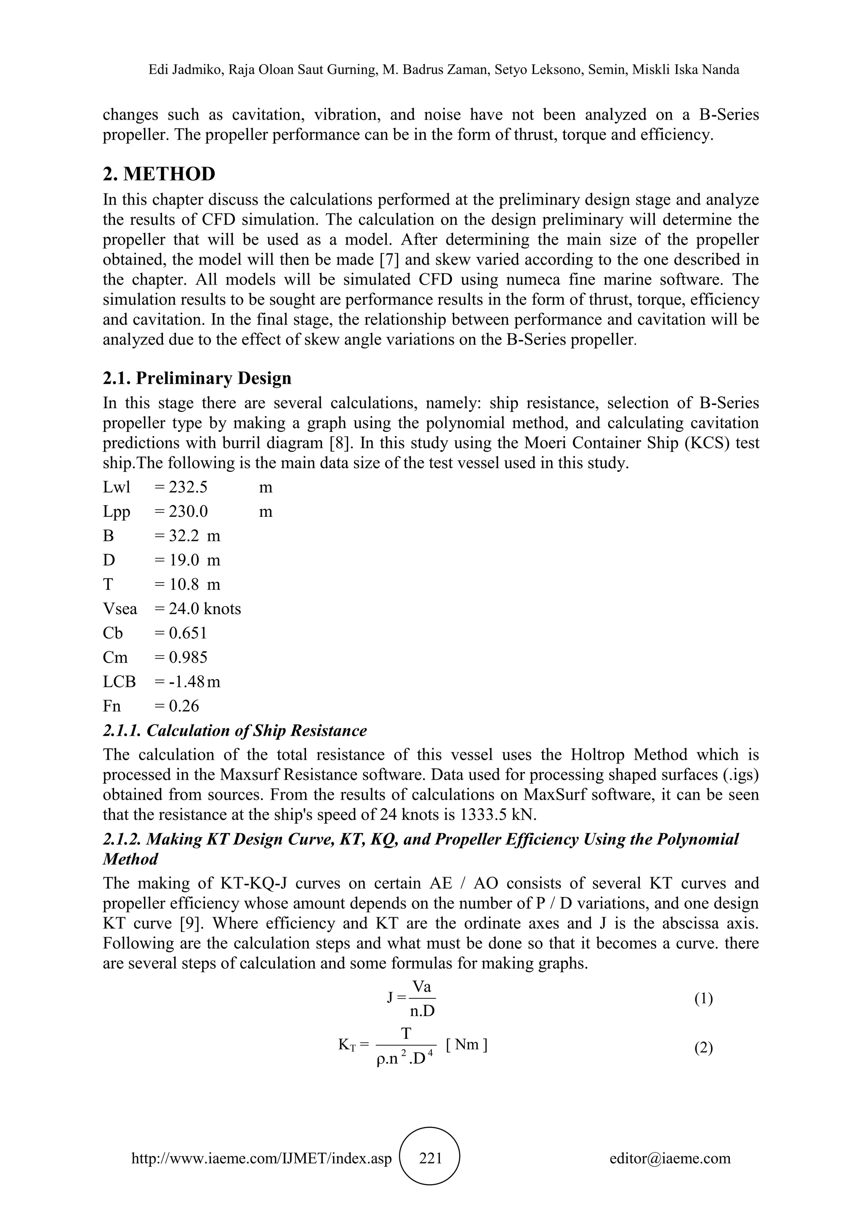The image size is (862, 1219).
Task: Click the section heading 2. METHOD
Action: click(159, 173)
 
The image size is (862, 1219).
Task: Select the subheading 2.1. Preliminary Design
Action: click(197, 378)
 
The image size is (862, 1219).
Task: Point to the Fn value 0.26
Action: click(184, 706)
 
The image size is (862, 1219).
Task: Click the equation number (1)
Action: click(703, 999)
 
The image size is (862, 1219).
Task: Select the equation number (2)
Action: click(703, 1048)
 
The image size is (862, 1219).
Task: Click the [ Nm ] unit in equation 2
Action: click(466, 1045)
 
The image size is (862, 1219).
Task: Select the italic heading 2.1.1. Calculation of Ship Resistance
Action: click(234, 731)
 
